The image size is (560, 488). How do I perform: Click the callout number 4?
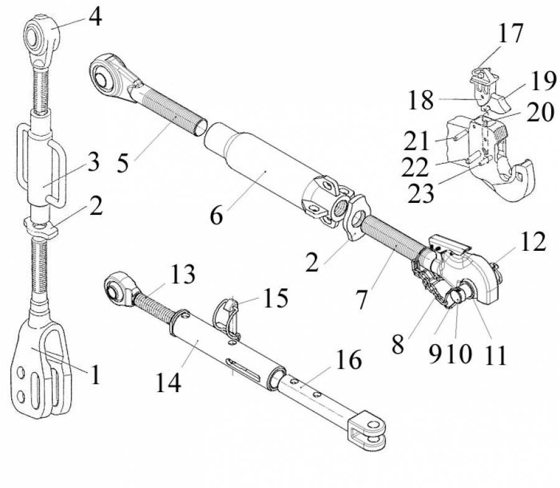pos(95,17)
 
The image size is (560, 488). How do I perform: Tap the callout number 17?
pos(511,33)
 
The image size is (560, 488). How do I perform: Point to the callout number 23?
pos(421,194)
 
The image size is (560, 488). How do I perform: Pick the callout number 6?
pos(217,215)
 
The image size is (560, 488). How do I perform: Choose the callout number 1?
pos(95,374)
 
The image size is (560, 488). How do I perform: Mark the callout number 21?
pos(416,141)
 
